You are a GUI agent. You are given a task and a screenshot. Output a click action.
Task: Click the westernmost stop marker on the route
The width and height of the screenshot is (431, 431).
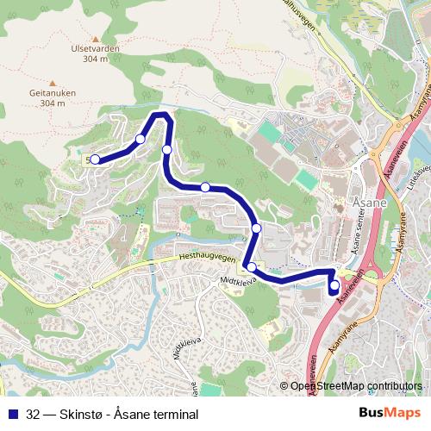95,159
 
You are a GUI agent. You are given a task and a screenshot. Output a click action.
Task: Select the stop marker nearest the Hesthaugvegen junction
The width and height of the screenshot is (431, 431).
252,267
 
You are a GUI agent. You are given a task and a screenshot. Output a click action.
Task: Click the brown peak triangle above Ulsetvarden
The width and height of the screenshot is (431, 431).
96,39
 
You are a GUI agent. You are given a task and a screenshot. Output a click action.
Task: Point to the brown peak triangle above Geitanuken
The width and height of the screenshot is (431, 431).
52,83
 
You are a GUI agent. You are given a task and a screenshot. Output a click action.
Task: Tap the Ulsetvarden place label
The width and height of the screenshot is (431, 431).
96,49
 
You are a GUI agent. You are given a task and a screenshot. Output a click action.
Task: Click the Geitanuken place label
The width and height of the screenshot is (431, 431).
53,93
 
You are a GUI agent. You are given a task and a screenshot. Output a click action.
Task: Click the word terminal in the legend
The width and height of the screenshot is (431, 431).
172,414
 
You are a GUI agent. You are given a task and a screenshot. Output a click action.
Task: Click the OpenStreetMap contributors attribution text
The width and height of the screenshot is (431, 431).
357,386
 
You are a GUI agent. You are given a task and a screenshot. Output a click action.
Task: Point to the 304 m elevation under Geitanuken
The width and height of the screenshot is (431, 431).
53,103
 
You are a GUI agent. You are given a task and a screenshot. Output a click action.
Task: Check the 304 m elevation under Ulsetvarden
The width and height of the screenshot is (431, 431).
96,59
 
